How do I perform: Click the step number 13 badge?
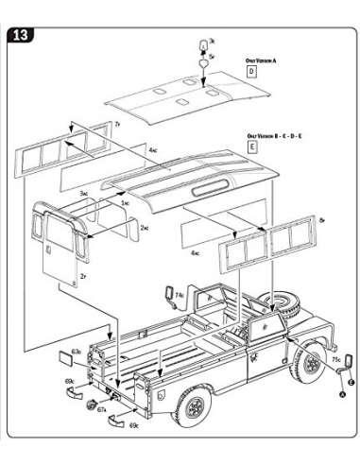point(20,37)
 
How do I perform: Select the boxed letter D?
point(252,72)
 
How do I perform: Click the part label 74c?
point(178,296)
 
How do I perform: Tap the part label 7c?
point(115,124)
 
